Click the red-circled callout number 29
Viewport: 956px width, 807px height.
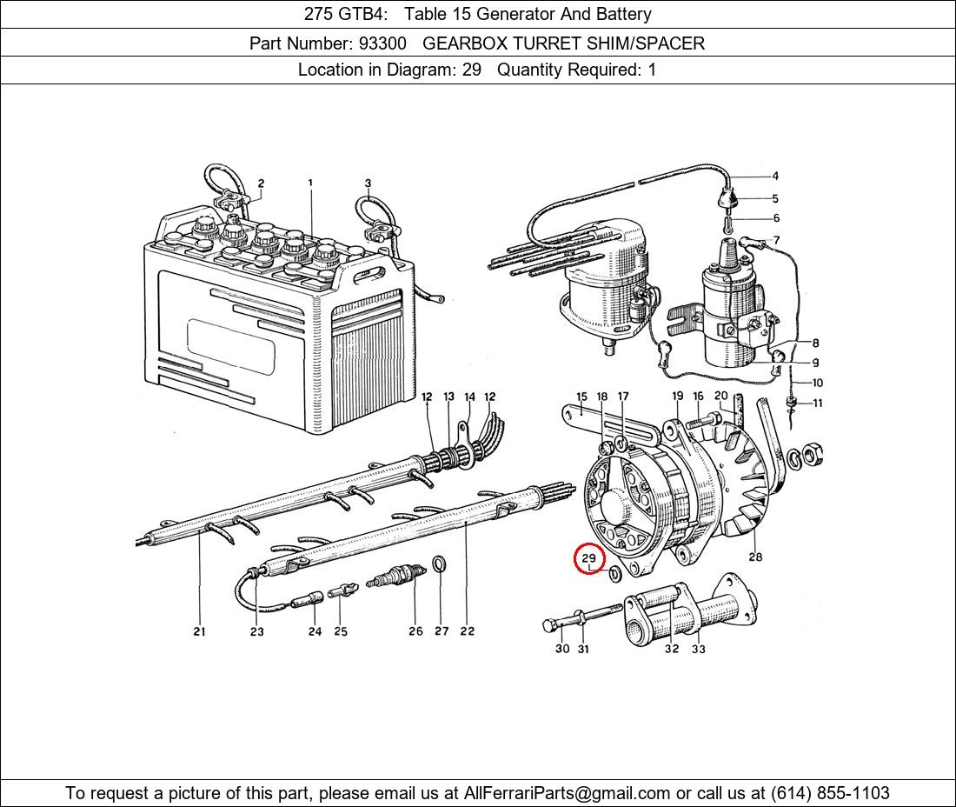tap(589, 558)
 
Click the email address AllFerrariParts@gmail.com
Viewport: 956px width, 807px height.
tap(568, 792)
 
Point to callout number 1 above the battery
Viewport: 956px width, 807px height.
tap(310, 183)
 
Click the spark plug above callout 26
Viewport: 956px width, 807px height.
tap(396, 576)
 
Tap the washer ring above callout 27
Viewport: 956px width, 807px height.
tap(441, 566)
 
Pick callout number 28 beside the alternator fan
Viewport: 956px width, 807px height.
tap(755, 557)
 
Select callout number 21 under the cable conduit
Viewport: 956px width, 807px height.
tap(199, 631)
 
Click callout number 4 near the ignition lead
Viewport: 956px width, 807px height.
tap(775, 177)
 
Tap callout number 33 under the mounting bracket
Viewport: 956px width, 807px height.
tap(699, 649)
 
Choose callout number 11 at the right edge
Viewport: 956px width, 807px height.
tap(817, 403)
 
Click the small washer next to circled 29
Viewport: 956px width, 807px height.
tap(614, 574)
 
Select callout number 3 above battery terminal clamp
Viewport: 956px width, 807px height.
tap(368, 183)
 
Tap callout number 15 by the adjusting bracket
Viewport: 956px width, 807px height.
tap(581, 397)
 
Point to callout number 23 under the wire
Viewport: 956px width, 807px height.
tap(256, 631)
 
